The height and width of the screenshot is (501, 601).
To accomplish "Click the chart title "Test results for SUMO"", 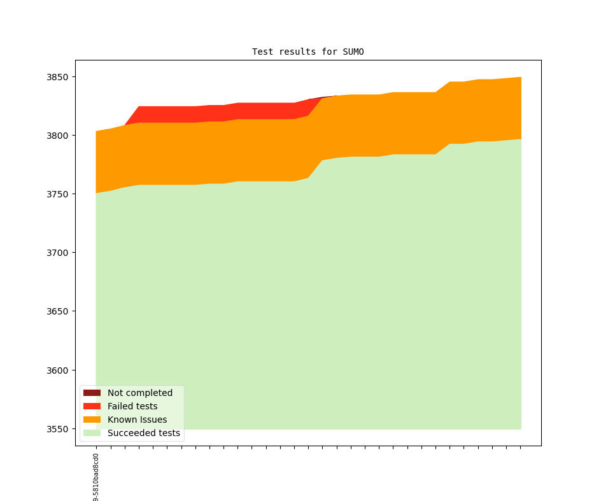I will [x=308, y=52].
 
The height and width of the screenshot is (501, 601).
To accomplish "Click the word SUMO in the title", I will [x=353, y=52].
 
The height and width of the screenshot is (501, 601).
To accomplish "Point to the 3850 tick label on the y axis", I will [x=57, y=77].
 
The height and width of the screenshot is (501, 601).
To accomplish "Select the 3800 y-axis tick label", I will [x=57, y=136].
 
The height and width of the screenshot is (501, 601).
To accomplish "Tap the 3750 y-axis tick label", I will [x=57, y=194].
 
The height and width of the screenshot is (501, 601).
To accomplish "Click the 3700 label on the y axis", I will [x=57, y=253].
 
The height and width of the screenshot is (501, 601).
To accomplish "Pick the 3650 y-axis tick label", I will [x=57, y=311].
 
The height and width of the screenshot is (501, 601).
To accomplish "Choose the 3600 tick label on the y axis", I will [x=57, y=370].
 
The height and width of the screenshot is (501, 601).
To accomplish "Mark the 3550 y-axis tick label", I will [x=57, y=429].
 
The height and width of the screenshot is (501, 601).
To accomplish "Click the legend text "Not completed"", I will [x=140, y=393].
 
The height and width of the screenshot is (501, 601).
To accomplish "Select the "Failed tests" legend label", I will [x=132, y=406].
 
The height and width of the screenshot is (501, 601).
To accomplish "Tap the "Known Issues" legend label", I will [x=137, y=420].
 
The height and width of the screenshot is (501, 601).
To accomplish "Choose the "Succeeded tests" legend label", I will [x=144, y=433].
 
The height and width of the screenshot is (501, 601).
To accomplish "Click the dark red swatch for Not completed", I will [x=92, y=393].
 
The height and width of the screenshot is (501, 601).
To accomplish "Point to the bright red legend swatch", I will [x=92, y=406].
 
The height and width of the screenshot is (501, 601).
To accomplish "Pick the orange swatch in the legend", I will [x=92, y=420].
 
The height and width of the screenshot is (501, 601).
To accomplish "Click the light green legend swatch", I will [x=92, y=433].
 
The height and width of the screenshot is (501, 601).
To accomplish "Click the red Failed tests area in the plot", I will [x=191, y=114].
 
